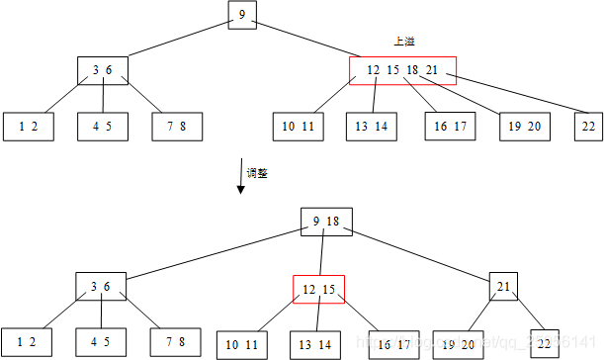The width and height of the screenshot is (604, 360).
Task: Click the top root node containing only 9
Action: (242, 16)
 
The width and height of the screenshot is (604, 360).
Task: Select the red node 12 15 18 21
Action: (402, 70)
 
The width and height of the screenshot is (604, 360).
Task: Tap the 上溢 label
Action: (403, 42)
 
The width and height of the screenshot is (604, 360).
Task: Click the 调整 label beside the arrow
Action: (257, 172)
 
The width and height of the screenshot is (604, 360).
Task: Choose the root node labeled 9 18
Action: (326, 222)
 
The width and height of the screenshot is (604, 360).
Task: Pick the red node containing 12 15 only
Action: (318, 289)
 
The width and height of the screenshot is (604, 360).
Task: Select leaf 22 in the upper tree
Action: (589, 126)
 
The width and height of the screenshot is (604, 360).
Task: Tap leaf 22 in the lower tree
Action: (545, 342)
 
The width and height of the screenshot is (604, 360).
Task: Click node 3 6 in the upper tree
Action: (103, 70)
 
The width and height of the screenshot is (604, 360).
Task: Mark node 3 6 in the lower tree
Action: (101, 287)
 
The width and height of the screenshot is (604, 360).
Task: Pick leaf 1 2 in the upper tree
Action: (28, 126)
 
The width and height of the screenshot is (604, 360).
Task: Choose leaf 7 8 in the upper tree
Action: (177, 126)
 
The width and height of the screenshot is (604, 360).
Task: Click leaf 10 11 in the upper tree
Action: (298, 126)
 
